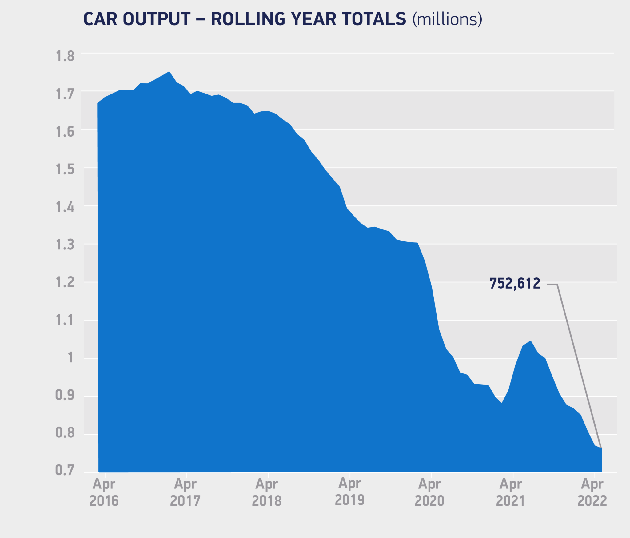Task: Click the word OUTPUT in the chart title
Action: [157, 19]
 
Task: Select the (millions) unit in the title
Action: [447, 19]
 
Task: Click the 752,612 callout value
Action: [515, 284]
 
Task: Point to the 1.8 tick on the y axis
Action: [65, 56]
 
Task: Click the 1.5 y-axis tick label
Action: [65, 169]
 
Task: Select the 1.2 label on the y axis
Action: [65, 282]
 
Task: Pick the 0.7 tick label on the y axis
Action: [65, 470]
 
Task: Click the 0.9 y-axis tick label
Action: [65, 395]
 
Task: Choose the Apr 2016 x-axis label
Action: [104, 492]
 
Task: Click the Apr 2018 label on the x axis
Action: [267, 492]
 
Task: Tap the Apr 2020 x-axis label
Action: [429, 492]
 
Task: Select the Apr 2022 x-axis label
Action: [592, 492]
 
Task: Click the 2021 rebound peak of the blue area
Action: [531, 341]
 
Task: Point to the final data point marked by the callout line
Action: [601, 449]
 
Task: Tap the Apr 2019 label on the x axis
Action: [350, 492]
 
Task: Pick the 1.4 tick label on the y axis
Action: [65, 208]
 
